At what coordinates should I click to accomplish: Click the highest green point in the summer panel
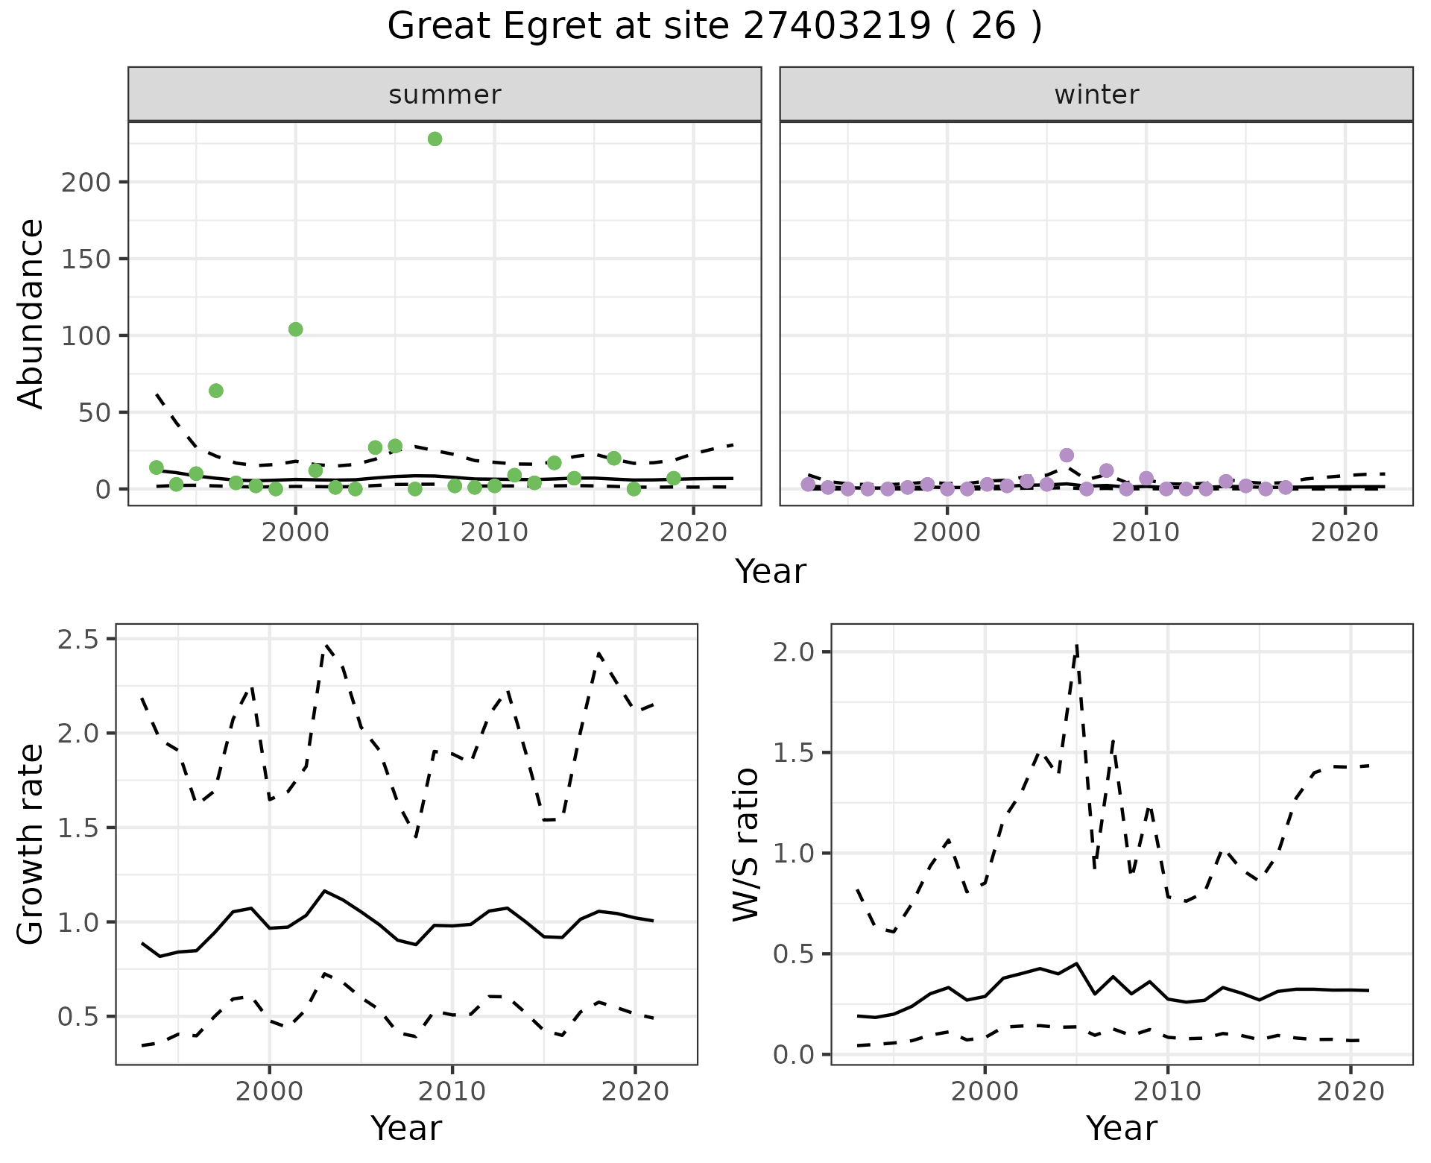click(435, 139)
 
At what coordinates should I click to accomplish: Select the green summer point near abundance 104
click(295, 330)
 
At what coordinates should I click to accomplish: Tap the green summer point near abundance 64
click(216, 391)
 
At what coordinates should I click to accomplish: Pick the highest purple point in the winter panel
click(1067, 456)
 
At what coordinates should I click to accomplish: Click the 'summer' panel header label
click(445, 95)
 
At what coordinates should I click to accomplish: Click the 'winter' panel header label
click(1096, 95)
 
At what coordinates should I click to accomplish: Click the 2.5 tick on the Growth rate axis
click(82, 639)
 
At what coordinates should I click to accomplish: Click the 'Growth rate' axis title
click(31, 844)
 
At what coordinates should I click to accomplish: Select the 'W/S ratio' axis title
click(745, 844)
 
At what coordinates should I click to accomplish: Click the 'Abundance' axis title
click(31, 313)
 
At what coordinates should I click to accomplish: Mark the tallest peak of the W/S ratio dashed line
click(1077, 646)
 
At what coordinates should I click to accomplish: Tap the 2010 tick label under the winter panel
click(1146, 533)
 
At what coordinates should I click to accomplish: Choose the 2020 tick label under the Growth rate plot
click(635, 1092)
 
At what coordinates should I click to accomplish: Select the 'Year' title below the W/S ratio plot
click(1121, 1128)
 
